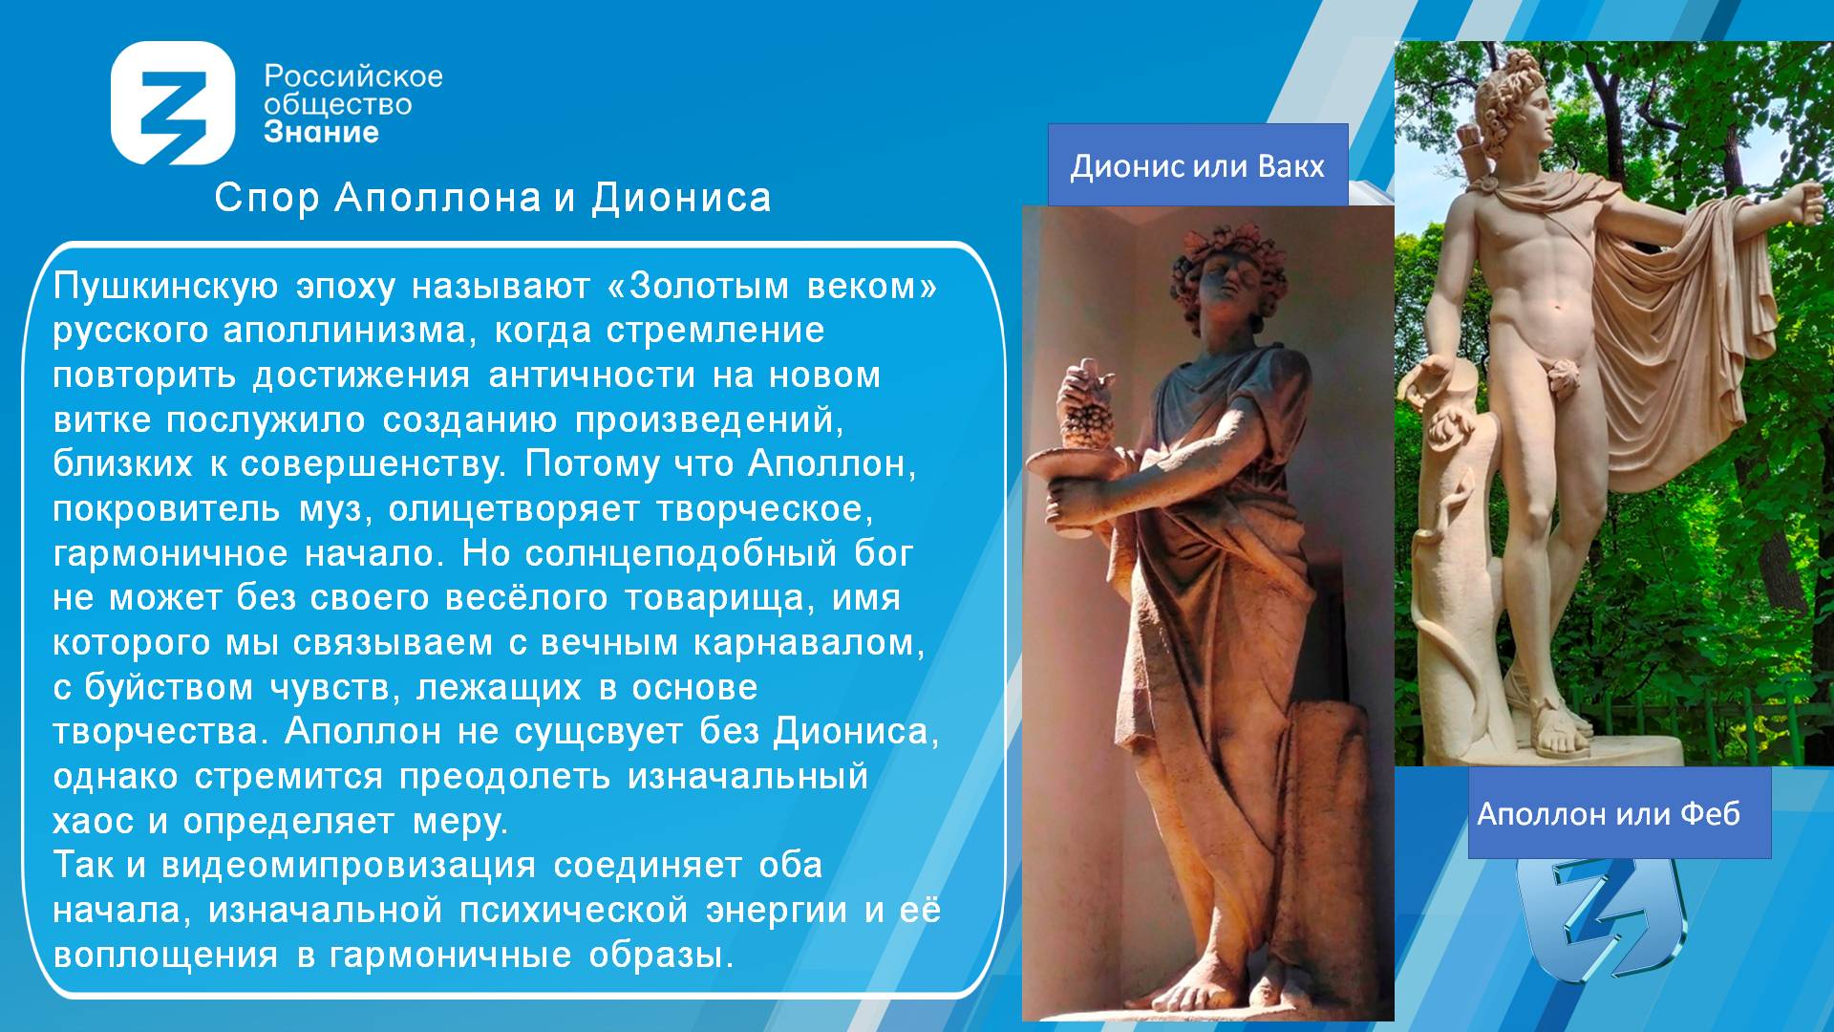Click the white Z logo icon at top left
[x=173, y=103]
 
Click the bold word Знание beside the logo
[x=321, y=132]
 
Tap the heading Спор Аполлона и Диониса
[x=492, y=198]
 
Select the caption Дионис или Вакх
[x=1198, y=165]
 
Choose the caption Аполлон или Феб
[x=1609, y=813]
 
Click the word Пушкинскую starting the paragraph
[x=165, y=286]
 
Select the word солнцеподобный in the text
[x=680, y=553]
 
